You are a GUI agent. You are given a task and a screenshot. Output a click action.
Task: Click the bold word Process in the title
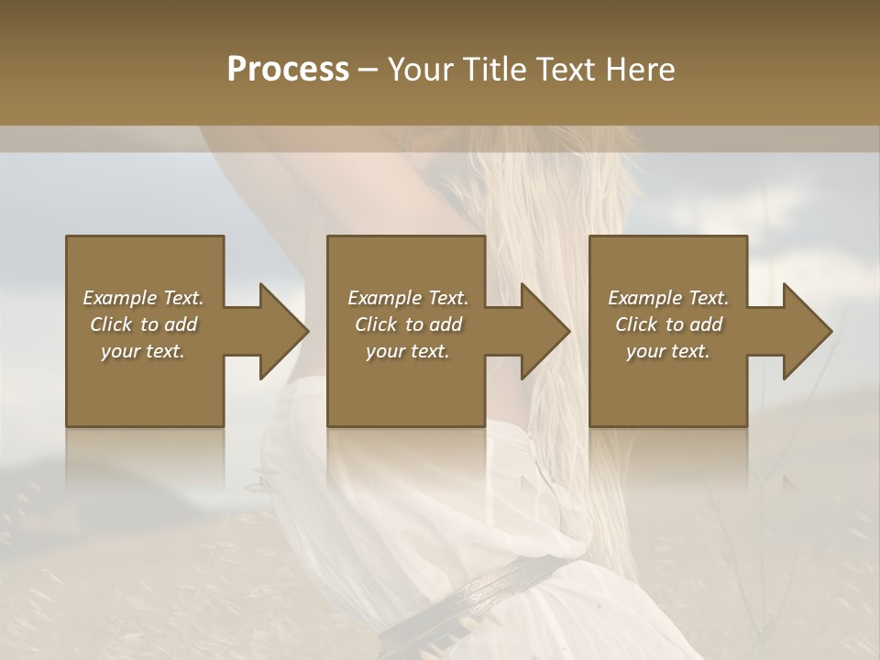[288, 70]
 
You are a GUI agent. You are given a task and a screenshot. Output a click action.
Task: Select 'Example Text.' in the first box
[143, 298]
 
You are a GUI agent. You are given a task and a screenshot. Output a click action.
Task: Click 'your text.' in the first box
[143, 351]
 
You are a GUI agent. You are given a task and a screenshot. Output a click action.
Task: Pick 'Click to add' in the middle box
[408, 324]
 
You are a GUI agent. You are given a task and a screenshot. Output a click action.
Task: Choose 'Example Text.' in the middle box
[408, 298]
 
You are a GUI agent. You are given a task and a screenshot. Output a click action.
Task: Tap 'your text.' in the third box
[668, 351]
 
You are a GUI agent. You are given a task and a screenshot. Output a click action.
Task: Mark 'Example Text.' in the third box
[668, 298]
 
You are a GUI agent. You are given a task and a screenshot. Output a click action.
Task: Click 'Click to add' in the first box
[143, 324]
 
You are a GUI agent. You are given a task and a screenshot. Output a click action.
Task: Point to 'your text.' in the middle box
[408, 351]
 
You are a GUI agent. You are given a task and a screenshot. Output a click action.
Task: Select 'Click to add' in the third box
[668, 324]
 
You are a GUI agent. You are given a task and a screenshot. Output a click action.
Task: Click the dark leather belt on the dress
[495, 587]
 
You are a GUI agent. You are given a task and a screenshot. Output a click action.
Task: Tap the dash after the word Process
[368, 71]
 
